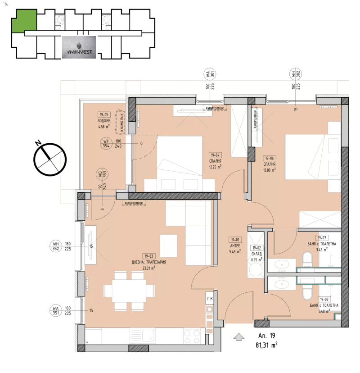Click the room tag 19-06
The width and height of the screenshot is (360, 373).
point(270,158)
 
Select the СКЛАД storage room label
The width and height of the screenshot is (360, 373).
point(256,254)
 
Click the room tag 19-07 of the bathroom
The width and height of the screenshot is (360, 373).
point(322,238)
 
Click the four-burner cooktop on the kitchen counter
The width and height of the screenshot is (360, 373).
point(193,336)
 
